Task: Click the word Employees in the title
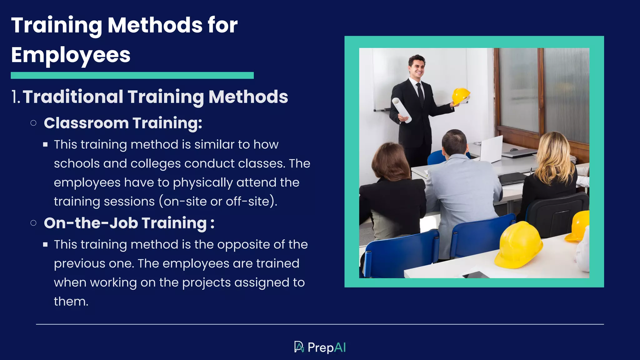click(71, 55)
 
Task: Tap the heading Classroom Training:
click(123, 123)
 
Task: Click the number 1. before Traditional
click(16, 97)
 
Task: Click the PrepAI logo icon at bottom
click(299, 347)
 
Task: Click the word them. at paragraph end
click(71, 302)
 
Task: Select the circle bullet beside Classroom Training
click(33, 123)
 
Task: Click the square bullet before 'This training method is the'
click(46, 245)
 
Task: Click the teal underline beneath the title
click(132, 75)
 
